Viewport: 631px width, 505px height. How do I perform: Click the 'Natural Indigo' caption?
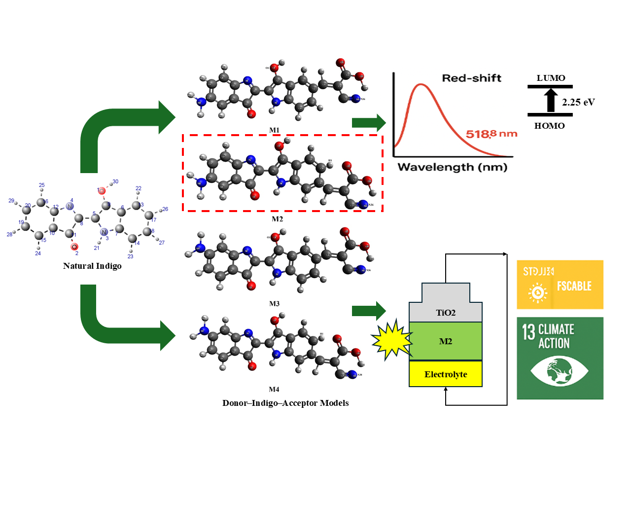pos(92,266)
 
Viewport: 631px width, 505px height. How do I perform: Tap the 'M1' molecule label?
pos(274,130)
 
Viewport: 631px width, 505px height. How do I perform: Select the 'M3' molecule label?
pos(274,304)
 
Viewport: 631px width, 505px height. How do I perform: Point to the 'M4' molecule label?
pos(274,390)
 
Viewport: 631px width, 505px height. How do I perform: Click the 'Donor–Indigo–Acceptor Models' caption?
pos(285,403)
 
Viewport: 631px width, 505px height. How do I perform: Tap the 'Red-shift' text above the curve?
pos(471,78)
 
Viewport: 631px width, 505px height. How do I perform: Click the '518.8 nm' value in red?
pos(491,134)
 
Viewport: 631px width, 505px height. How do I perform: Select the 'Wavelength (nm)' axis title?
pos(453,167)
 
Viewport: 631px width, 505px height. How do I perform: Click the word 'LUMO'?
pos(551,78)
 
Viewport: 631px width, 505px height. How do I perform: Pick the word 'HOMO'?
pos(549,126)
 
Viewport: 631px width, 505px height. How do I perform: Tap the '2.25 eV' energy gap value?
pos(578,102)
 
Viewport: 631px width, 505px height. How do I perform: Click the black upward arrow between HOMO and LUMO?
pos(551,100)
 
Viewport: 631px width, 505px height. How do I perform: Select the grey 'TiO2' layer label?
pos(446,313)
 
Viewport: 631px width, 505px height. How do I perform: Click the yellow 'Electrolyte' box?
pos(446,374)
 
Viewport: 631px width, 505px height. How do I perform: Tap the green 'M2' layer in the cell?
pos(446,341)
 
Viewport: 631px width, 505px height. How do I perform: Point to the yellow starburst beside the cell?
pos(391,340)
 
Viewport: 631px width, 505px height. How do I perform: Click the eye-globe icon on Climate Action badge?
pos(559,371)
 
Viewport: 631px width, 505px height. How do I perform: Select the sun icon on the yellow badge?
pos(538,292)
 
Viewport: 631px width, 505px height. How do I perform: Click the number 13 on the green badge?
pos(528,332)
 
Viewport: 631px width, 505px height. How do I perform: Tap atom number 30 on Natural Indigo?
pos(115,181)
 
